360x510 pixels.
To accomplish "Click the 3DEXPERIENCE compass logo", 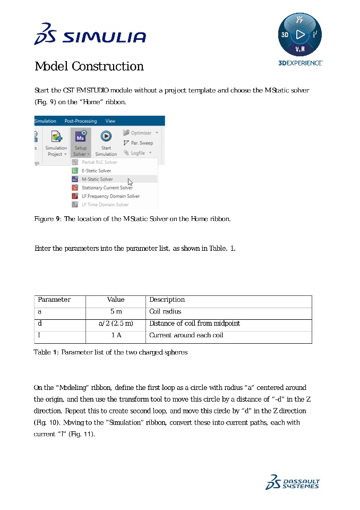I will click(300, 36).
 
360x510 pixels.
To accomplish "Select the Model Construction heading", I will click(89, 66).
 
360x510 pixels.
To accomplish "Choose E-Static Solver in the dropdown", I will click(96, 171).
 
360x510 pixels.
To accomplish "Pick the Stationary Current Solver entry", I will click(107, 188).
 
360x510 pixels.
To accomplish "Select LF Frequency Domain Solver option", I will click(110, 196).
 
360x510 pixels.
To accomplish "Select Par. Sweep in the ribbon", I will click(138, 143).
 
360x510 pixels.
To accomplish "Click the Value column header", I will click(116, 300).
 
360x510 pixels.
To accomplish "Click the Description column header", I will click(167, 300).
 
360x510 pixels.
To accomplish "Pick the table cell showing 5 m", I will click(116, 312).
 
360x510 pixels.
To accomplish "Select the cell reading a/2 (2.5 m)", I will click(116, 324).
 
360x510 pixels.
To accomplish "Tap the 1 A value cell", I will click(116, 335).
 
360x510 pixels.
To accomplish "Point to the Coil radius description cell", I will click(165, 312).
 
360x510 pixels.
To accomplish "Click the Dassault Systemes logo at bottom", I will click(293, 482).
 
